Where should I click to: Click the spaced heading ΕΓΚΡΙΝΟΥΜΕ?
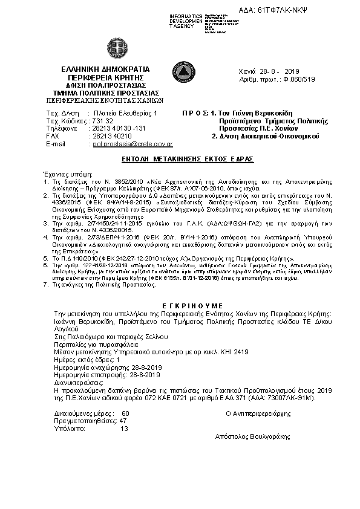pyautogui.click(x=180, y=306)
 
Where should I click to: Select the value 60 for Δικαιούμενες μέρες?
pyautogui.click(x=125, y=413)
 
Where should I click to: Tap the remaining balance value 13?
pyautogui.click(x=125, y=429)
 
